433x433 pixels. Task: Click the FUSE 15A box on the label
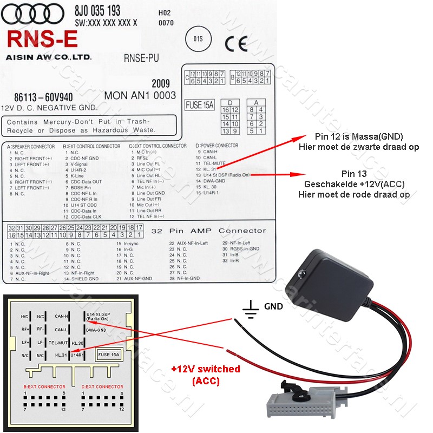click(200, 105)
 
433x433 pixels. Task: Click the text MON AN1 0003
click(140, 95)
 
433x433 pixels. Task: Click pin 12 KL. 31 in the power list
click(209, 169)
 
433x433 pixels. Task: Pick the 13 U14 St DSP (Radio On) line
click(223, 175)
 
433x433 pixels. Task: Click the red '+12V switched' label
click(205, 369)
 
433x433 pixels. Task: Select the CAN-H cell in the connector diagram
click(61, 316)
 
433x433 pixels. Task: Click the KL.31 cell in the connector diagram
click(61, 355)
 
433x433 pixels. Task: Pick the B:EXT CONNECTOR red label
click(44, 386)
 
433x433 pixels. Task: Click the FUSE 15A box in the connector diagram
click(109, 355)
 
